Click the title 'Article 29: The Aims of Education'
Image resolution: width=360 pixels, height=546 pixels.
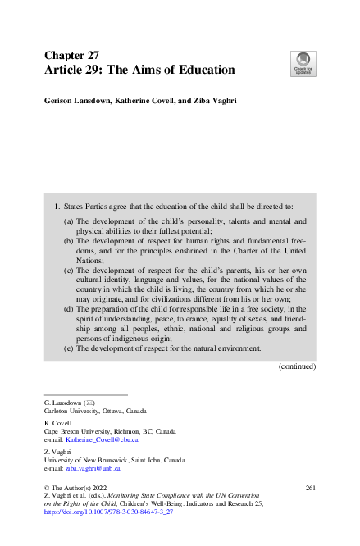tap(139, 71)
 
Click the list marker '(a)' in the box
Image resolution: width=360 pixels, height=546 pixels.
tap(70, 221)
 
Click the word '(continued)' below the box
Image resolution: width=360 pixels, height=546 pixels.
tap(297, 366)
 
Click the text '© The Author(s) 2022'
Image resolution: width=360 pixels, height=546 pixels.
tap(78, 489)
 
